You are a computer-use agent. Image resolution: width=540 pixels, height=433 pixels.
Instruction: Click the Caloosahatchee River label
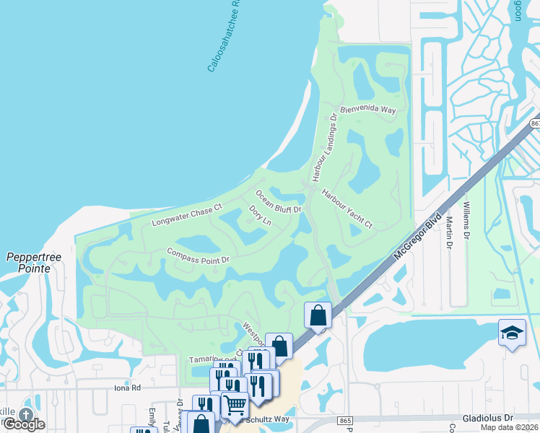coord(225,36)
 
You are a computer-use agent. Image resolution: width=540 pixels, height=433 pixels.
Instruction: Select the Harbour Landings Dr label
coord(324,147)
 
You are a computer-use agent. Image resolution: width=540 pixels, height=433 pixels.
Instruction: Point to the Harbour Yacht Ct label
coord(347,209)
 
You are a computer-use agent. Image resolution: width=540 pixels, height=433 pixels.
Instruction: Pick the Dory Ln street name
coord(259,215)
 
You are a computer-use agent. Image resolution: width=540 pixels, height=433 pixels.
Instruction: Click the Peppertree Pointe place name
coord(28,263)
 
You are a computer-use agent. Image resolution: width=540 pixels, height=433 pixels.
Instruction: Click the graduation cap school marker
coord(512,333)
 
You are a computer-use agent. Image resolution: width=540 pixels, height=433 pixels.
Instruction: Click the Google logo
coord(24,424)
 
